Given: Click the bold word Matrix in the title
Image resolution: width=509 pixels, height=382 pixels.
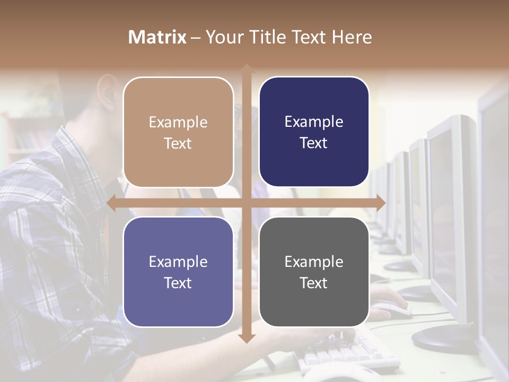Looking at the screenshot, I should coord(157,37).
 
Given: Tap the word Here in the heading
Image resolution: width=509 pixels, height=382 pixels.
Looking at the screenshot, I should coord(352,37).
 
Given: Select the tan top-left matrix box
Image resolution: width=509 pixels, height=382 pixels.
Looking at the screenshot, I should coord(178,132).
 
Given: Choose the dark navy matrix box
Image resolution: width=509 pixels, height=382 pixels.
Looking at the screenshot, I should coord(314,132).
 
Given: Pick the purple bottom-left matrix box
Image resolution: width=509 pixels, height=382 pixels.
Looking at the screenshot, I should coord(178,272).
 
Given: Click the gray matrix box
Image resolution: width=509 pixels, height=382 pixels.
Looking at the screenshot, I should coord(314,272).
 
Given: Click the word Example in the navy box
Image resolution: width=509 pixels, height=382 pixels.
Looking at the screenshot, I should coord(314,122).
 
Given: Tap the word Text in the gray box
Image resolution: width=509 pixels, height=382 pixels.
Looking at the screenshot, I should coord(314,283).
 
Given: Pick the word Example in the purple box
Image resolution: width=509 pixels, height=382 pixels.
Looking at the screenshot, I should coord(178,262).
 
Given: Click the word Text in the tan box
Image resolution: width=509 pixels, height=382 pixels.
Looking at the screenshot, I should coord(178,143).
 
